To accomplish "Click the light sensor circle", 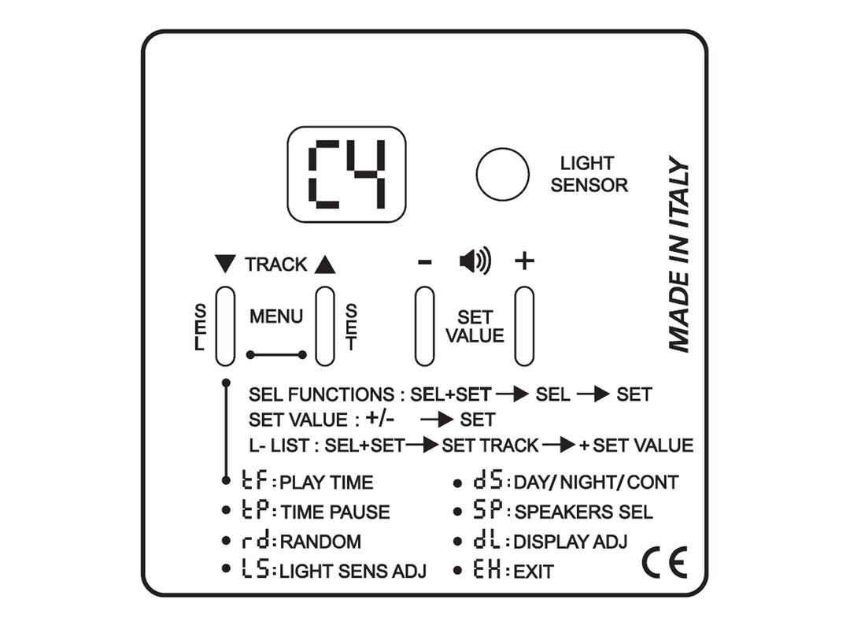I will (502, 174).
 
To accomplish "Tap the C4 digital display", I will (346, 174).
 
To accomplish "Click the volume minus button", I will (424, 326).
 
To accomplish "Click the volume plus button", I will (524, 326).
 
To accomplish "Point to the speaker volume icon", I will (475, 261).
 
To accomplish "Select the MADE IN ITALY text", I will (678, 255).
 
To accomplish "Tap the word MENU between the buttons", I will (276, 316).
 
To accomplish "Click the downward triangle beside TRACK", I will (225, 265).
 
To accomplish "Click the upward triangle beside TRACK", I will (324, 265).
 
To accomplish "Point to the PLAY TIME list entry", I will (307, 482).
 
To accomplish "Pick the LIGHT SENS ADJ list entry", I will (334, 572).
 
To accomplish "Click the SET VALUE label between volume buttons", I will (475, 326).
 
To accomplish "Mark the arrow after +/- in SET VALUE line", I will (436, 419).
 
